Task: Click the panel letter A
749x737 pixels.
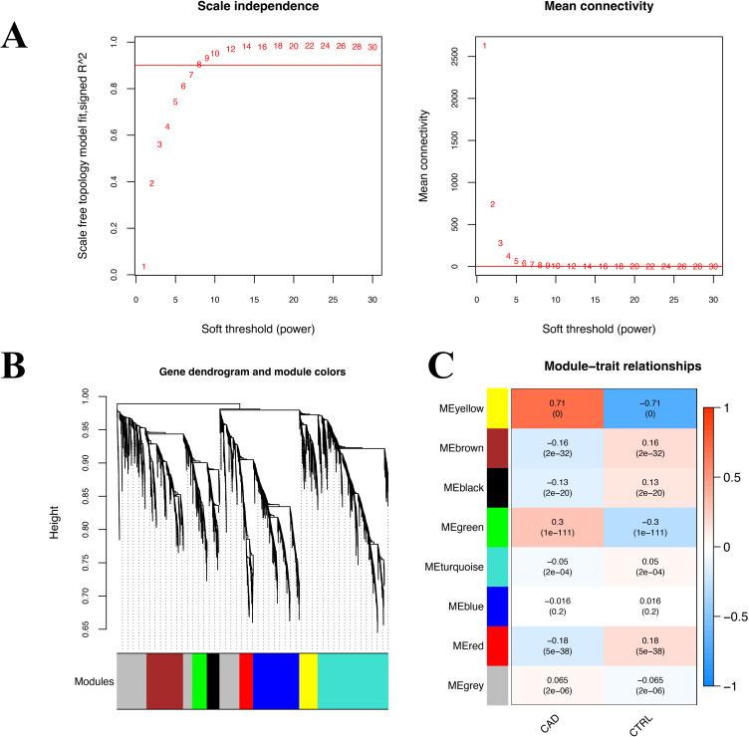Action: tap(15, 37)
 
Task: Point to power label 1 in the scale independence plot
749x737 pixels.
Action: tap(143, 267)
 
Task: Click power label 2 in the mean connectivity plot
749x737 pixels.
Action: tap(492, 204)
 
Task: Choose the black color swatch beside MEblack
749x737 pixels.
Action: tap(497, 465)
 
